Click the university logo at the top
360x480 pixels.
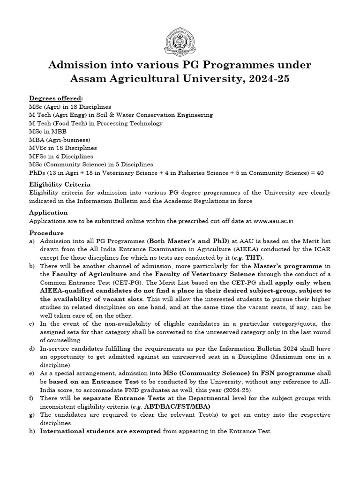[180, 41]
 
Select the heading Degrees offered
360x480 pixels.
[56, 98]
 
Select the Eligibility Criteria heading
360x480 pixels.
[60, 184]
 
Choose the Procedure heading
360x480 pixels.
[46, 232]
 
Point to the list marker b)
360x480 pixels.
[32, 266]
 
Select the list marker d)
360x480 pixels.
[32, 348]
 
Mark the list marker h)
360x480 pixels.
[32, 431]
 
